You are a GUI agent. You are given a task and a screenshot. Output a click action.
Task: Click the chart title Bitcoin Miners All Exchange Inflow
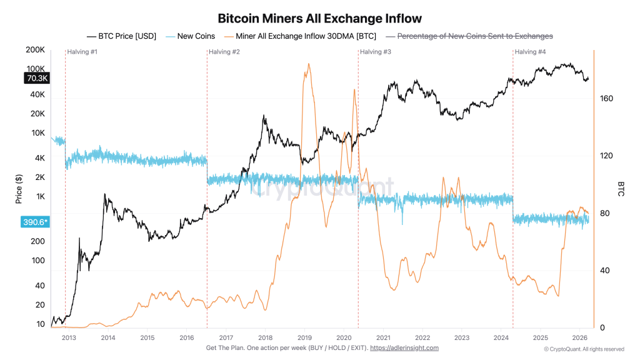(319, 19)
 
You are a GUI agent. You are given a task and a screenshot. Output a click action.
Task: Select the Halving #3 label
(376, 52)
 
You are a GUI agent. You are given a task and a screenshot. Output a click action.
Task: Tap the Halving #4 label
(530, 52)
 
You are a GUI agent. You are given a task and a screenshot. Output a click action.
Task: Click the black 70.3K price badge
(37, 78)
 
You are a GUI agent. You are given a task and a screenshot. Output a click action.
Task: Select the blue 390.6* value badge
(37, 222)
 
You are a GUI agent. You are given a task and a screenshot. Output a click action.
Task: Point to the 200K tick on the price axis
(35, 50)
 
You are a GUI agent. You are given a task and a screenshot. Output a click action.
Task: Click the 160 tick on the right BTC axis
(606, 99)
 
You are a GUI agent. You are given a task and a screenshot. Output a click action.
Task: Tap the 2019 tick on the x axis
(304, 338)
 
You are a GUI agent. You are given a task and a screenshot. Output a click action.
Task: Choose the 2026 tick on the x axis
(579, 338)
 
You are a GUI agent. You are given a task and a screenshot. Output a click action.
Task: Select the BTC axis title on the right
(621, 189)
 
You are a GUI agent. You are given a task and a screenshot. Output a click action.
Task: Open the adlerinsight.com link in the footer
(404, 348)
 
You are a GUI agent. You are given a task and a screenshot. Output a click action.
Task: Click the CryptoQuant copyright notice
(584, 349)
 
